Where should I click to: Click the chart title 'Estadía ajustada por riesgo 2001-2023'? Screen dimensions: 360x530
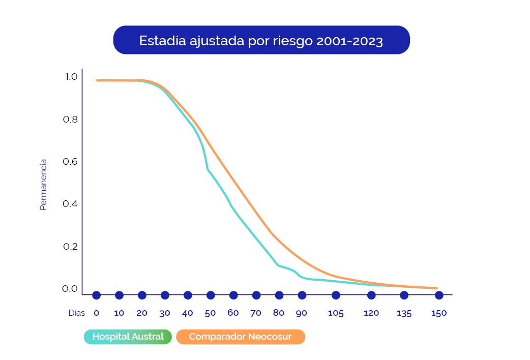[261, 41]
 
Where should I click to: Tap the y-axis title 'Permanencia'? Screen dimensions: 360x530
[43, 185]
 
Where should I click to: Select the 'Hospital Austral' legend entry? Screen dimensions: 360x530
[128, 337]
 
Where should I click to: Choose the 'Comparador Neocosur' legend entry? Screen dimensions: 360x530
[241, 337]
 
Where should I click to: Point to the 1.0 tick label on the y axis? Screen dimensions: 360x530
[71, 77]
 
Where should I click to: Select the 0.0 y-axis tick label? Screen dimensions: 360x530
[70, 289]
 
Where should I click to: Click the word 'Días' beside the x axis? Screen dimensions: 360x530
[77, 313]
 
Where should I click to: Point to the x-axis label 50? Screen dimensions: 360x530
[210, 313]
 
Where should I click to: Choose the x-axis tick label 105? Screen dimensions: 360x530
[336, 313]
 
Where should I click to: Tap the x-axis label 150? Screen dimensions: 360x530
[439, 313]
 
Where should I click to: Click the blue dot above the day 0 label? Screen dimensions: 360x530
[96, 295]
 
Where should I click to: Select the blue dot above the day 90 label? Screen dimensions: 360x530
[302, 295]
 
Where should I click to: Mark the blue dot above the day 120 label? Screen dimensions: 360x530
[371, 295]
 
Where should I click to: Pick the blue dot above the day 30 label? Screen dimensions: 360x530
[165, 295]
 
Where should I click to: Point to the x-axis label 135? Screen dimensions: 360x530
[404, 313]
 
